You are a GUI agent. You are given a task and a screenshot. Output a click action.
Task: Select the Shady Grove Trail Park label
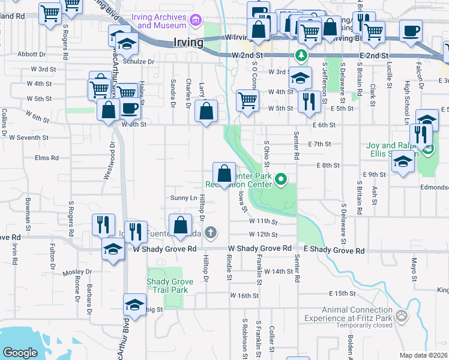pos(167,286)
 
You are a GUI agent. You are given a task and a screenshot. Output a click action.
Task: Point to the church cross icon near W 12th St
pos(210,232)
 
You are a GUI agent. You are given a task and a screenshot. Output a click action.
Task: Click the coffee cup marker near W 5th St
pos(130,109)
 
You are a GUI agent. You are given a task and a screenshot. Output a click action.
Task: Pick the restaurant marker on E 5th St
pos(308,101)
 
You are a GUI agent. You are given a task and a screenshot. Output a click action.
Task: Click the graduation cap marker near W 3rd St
pos(300,78)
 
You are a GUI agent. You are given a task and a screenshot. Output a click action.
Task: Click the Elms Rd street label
pos(46,158)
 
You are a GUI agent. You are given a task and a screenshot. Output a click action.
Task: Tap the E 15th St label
pos(343,293)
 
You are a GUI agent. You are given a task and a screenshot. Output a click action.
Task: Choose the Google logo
pos(20,353)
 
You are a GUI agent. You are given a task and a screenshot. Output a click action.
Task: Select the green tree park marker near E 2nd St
pos(301,56)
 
